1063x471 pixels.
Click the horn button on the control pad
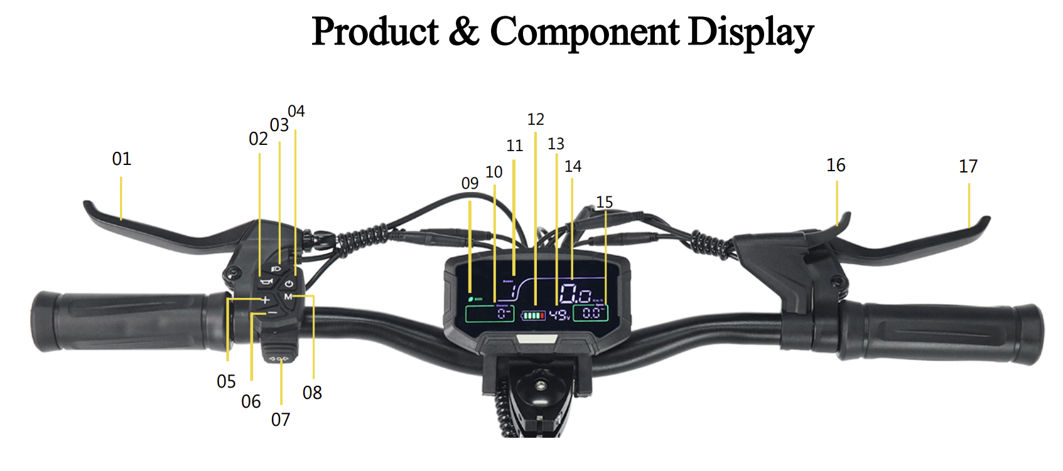click(x=266, y=282)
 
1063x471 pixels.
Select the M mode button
click(x=288, y=297)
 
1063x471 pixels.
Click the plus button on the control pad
click(x=266, y=300)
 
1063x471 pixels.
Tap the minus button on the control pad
click(x=272, y=312)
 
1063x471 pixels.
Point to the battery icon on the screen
click(x=533, y=315)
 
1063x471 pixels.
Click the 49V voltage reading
click(x=559, y=314)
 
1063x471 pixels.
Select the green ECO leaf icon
click(x=470, y=299)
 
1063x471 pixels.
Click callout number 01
click(x=122, y=159)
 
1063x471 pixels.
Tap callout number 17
click(x=968, y=167)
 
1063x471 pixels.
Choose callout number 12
click(x=536, y=120)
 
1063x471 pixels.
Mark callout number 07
click(x=281, y=420)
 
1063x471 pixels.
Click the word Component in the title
click(x=585, y=32)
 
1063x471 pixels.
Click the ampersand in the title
click(x=463, y=32)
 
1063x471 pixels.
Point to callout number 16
click(x=836, y=166)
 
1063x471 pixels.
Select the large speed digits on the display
click(x=575, y=294)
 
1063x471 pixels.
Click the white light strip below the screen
click(x=536, y=339)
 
